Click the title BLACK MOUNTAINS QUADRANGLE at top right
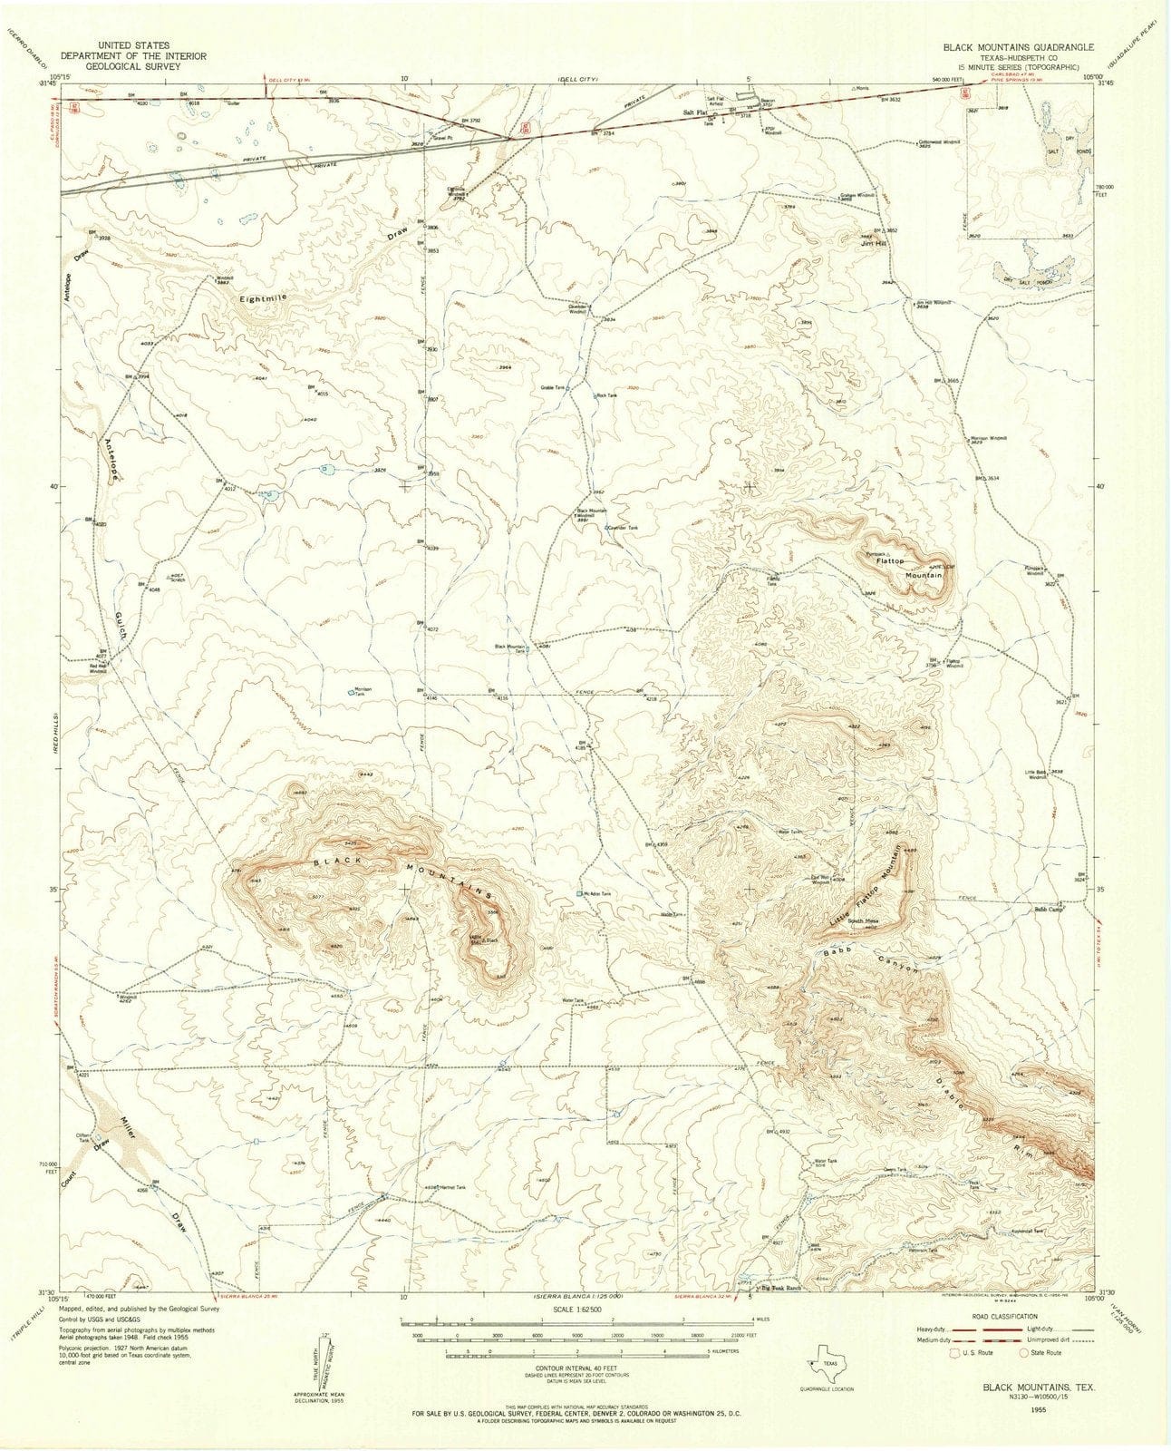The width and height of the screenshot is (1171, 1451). [x=1017, y=45]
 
